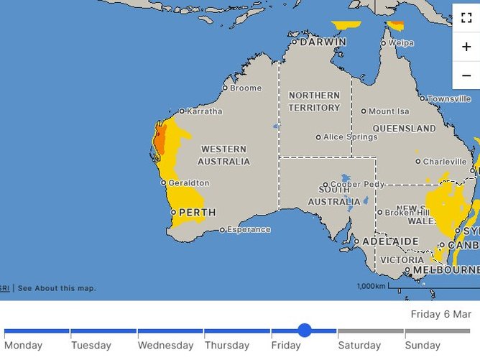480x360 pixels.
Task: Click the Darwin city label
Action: point(323,42)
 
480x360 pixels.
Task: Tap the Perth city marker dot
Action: point(173,213)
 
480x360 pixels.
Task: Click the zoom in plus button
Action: point(466,46)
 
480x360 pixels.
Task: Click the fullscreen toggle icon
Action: point(466,18)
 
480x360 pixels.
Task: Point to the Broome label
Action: point(246,88)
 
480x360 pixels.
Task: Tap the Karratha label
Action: point(205,111)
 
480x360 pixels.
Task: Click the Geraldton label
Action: point(188,183)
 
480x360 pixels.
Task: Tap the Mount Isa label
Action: point(388,111)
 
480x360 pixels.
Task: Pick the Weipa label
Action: point(401,43)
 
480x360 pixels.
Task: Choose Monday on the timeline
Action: point(24,346)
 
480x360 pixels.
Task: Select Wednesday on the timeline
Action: point(165,346)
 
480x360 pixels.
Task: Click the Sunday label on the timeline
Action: point(423,346)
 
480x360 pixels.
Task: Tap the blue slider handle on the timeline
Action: point(304,331)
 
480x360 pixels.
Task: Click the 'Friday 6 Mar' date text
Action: point(440,314)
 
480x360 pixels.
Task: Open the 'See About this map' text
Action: point(57,288)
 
